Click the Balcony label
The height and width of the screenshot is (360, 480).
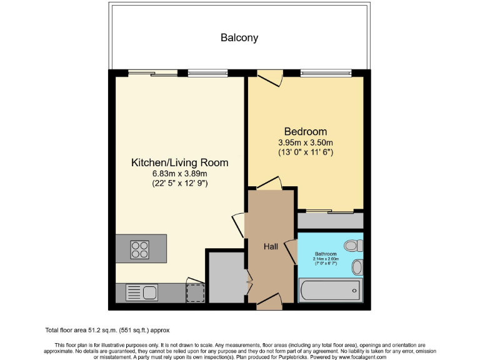point(239,37)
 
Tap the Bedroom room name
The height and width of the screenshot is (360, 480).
point(305,131)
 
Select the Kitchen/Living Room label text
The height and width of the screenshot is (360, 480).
point(179,162)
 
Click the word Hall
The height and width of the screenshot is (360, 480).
point(271,247)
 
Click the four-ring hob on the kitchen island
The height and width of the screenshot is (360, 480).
point(139,249)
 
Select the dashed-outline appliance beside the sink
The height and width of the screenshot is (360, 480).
point(196,292)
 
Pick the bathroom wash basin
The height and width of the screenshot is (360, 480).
point(356,267)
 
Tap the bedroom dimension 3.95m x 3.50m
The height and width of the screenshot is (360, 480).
point(305,142)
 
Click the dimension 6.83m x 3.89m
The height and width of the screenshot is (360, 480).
point(179,174)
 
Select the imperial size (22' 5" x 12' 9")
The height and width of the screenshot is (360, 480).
point(179,183)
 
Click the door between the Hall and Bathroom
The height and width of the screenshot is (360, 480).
point(291,251)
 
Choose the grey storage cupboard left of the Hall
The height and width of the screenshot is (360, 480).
point(226,277)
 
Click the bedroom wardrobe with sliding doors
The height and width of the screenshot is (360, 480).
point(330,221)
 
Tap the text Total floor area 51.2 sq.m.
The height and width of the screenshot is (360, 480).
point(107,330)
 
